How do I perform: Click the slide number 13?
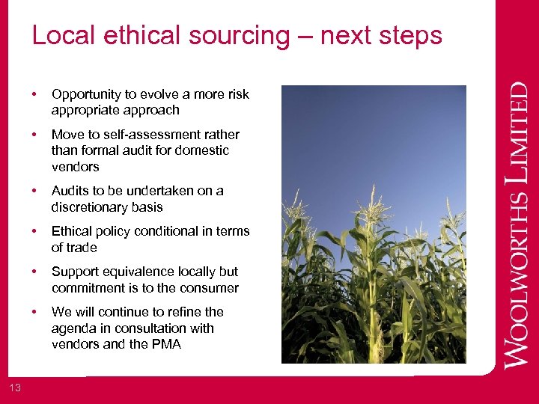click(16, 386)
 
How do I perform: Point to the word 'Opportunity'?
click(85, 94)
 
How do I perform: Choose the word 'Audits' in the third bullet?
click(69, 191)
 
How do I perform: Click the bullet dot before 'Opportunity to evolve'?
click(34, 94)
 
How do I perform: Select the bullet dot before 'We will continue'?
click(34, 312)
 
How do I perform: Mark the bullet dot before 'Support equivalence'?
click(34, 272)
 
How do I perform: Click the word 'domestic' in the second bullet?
click(204, 150)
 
